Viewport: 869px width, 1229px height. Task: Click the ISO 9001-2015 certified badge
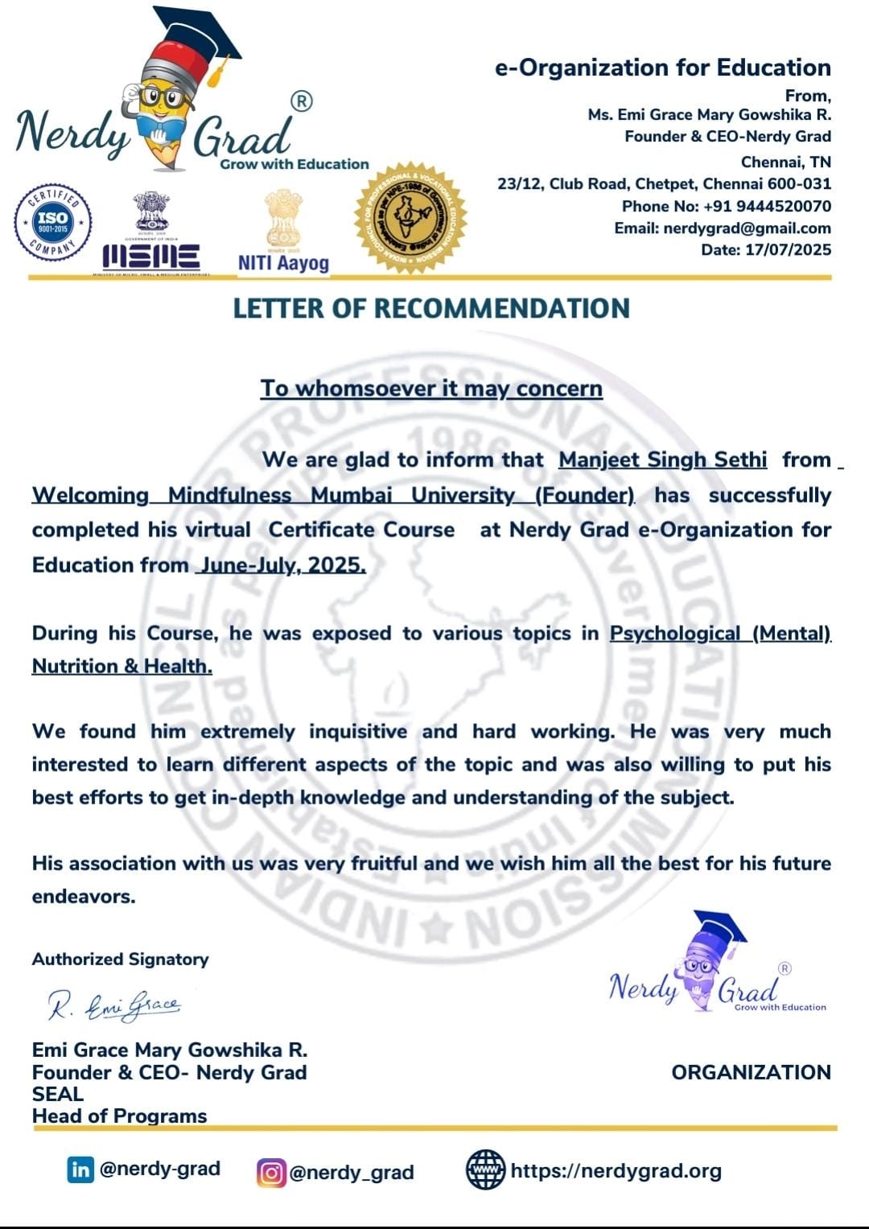(53, 223)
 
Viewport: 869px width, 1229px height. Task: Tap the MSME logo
(151, 234)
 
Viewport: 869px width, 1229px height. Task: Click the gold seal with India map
(410, 217)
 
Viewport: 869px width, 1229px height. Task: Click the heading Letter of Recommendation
(431, 309)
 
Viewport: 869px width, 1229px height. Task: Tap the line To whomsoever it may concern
(431, 388)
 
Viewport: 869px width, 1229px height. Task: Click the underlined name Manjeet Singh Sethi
(662, 460)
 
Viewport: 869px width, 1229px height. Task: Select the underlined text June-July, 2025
(282, 565)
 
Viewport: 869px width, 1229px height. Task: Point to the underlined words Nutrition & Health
(122, 667)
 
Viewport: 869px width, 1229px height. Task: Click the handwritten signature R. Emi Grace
(114, 1005)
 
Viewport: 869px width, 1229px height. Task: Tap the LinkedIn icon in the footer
(80, 1169)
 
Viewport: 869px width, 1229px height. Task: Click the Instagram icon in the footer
(271, 1173)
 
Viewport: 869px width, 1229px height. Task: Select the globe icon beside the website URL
(486, 1170)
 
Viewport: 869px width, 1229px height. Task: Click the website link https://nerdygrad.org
(616, 1171)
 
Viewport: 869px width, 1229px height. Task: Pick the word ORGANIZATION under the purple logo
(751, 1073)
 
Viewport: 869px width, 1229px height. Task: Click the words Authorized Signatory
(121, 960)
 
